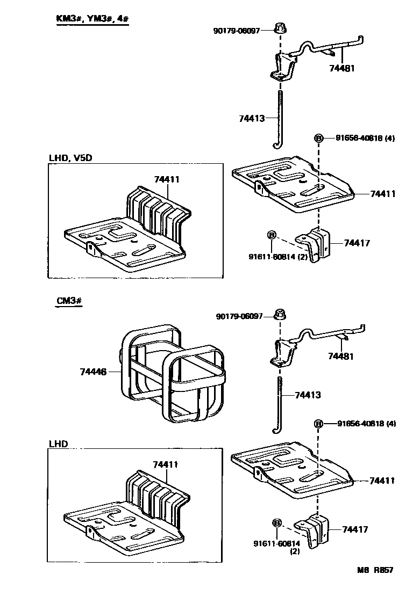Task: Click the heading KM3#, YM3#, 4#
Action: (x=92, y=19)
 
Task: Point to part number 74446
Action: (x=92, y=371)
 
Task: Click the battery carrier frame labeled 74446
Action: (x=172, y=370)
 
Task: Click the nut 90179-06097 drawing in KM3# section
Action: (x=280, y=29)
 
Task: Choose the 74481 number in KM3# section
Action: (x=342, y=68)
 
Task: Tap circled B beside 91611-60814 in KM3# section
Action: (x=272, y=235)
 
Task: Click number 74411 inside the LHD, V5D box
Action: (x=167, y=180)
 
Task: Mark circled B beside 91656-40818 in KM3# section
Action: (x=319, y=139)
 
